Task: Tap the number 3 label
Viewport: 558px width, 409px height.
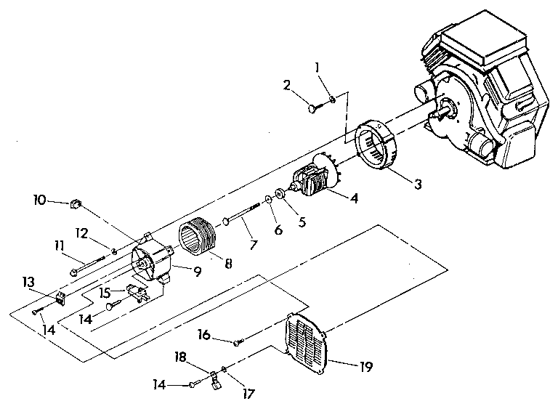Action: [416, 184]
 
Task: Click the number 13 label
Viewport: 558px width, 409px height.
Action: [29, 281]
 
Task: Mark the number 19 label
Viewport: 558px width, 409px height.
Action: [365, 367]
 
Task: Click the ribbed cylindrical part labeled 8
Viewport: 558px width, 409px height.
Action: [198, 238]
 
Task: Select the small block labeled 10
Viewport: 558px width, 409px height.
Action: [74, 204]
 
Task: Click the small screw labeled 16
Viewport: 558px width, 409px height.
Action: [238, 341]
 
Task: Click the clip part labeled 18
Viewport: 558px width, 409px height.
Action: [216, 380]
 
